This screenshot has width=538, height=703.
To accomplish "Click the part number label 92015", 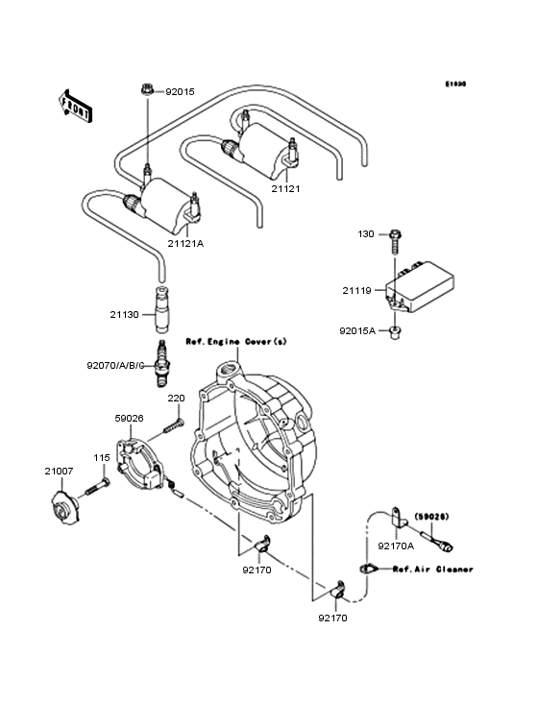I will pos(180,92).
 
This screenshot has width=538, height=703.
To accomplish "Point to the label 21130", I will pos(125,313).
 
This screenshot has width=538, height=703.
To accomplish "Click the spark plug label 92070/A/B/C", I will pos(116,365).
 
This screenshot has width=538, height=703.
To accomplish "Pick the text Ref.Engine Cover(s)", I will pos(235,342).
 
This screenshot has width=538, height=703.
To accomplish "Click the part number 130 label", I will pos(367,234).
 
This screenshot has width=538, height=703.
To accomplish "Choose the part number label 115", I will pos(102,457).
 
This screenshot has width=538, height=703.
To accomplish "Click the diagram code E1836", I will pos(454,84).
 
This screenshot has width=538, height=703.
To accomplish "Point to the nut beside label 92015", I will pos(147,89).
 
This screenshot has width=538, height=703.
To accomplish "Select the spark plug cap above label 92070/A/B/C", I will pos(162,305).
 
